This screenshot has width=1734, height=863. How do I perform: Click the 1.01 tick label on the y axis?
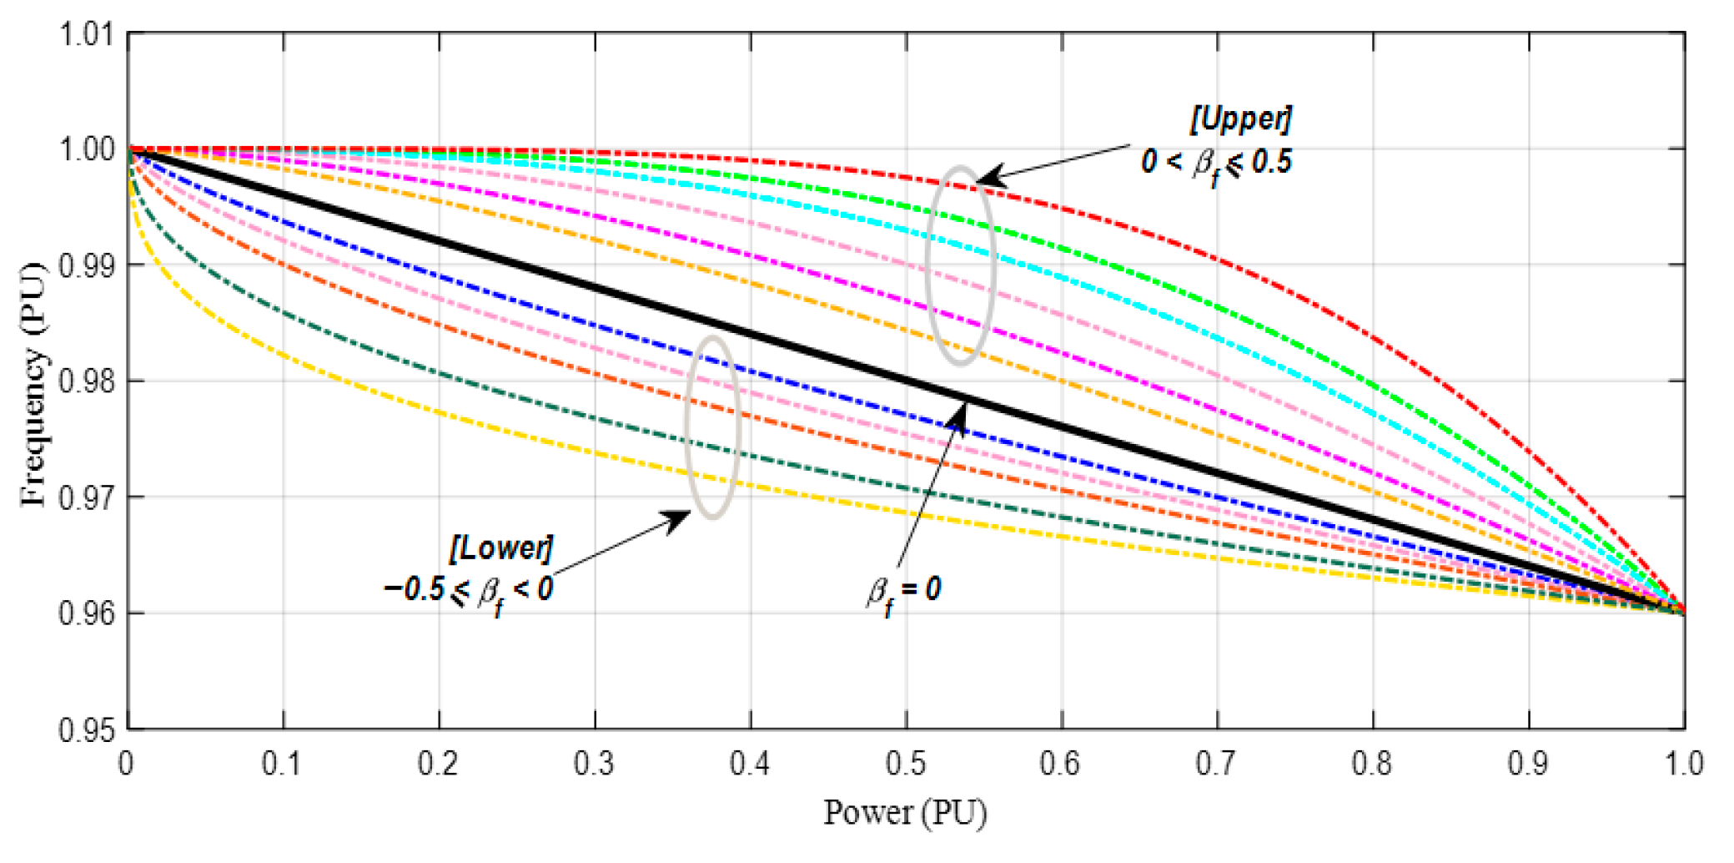[x=86, y=36]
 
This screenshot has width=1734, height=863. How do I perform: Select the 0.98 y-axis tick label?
[x=86, y=382]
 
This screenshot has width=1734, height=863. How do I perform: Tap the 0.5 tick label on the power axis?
[x=905, y=764]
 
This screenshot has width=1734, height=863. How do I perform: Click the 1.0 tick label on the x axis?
[x=1684, y=764]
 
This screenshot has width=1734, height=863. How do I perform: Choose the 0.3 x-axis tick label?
[x=594, y=764]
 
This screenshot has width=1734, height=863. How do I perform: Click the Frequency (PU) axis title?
[x=33, y=384]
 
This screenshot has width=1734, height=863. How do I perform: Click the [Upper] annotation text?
[x=1240, y=119]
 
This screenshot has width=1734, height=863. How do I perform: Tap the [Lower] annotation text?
[x=500, y=548]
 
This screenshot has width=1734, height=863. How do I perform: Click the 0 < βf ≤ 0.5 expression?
[x=1216, y=162]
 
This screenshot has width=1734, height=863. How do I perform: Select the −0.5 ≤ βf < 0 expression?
[x=469, y=591]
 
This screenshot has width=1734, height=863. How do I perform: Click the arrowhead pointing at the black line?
[x=960, y=416]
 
